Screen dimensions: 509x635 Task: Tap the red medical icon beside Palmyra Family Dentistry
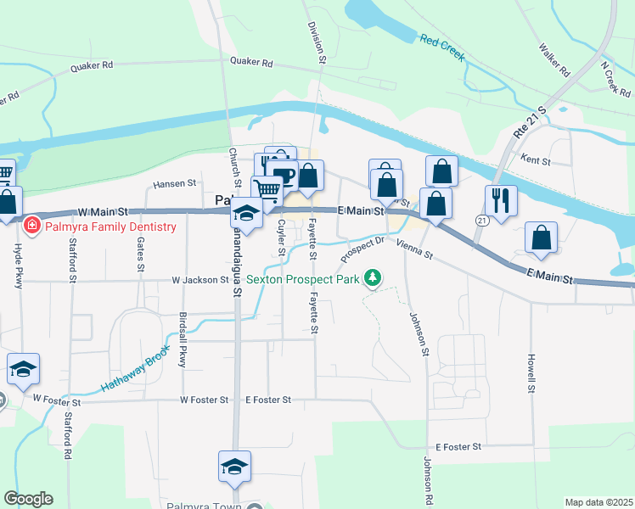tap(32, 226)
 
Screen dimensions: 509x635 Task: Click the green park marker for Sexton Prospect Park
tap(372, 277)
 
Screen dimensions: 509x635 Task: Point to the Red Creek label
tap(441, 47)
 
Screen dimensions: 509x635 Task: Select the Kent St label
tap(536, 159)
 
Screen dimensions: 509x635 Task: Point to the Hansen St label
tap(175, 183)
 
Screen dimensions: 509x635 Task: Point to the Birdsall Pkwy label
tap(183, 339)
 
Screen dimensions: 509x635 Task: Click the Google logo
tap(28, 499)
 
